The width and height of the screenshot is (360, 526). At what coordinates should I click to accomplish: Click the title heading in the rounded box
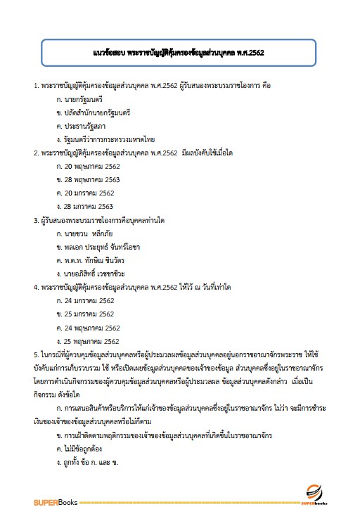pyautogui.click(x=180, y=53)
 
